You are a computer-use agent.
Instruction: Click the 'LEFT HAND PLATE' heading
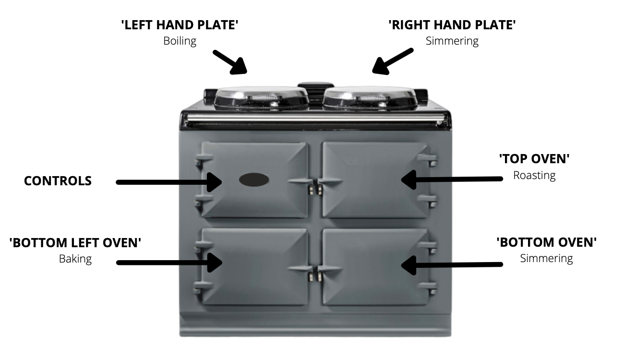[180, 25]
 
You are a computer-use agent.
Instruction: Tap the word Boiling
[180, 41]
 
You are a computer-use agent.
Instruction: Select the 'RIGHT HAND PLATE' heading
[452, 25]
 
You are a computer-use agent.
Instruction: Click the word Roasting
[534, 176]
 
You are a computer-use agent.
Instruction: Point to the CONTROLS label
[58, 181]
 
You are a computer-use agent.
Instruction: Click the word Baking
[75, 259]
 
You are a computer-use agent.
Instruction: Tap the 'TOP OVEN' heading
[534, 159]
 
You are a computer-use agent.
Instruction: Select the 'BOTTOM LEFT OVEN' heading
[75, 242]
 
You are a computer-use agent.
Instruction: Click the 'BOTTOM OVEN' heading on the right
[547, 242]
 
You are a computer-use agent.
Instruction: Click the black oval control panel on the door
[254, 180]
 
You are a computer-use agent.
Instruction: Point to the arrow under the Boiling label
[230, 62]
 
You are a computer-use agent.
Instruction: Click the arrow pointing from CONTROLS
[169, 182]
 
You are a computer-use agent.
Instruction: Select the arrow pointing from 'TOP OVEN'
[452, 180]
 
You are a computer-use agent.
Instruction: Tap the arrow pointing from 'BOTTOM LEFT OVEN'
[169, 263]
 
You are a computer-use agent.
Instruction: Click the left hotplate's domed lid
[262, 97]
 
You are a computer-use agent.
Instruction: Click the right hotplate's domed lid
[370, 97]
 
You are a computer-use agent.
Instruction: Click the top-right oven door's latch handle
[331, 182]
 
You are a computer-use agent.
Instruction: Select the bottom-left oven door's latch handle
[300, 269]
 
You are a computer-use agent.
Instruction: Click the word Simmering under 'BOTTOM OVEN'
[547, 258]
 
